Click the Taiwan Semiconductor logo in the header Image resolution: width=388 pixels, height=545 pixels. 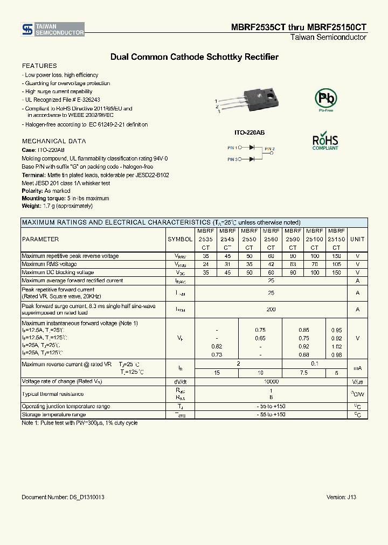pyautogui.click(x=53, y=30)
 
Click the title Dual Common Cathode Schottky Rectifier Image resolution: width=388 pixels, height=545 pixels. pyautogui.click(x=194, y=57)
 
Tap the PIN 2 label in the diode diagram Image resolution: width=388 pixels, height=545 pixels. pyautogui.click(x=269, y=149)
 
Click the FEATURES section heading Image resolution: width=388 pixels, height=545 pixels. pyautogui.click(x=39, y=66)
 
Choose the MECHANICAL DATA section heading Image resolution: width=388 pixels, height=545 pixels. pyautogui.click(x=53, y=141)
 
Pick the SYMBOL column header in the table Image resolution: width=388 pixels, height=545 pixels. pyautogui.click(x=180, y=239)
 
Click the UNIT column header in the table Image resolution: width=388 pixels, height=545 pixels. pyautogui.click(x=357, y=239)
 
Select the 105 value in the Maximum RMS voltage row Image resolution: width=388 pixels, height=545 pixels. pyautogui.click(x=336, y=264)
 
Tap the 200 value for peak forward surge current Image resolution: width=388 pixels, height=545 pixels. pyautogui.click(x=271, y=310)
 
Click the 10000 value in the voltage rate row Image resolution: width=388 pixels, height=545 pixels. pyautogui.click(x=271, y=381)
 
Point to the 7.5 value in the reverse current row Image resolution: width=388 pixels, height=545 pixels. pyautogui.click(x=304, y=373)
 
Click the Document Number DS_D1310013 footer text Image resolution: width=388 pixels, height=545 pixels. pyautogui.click(x=63, y=497)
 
